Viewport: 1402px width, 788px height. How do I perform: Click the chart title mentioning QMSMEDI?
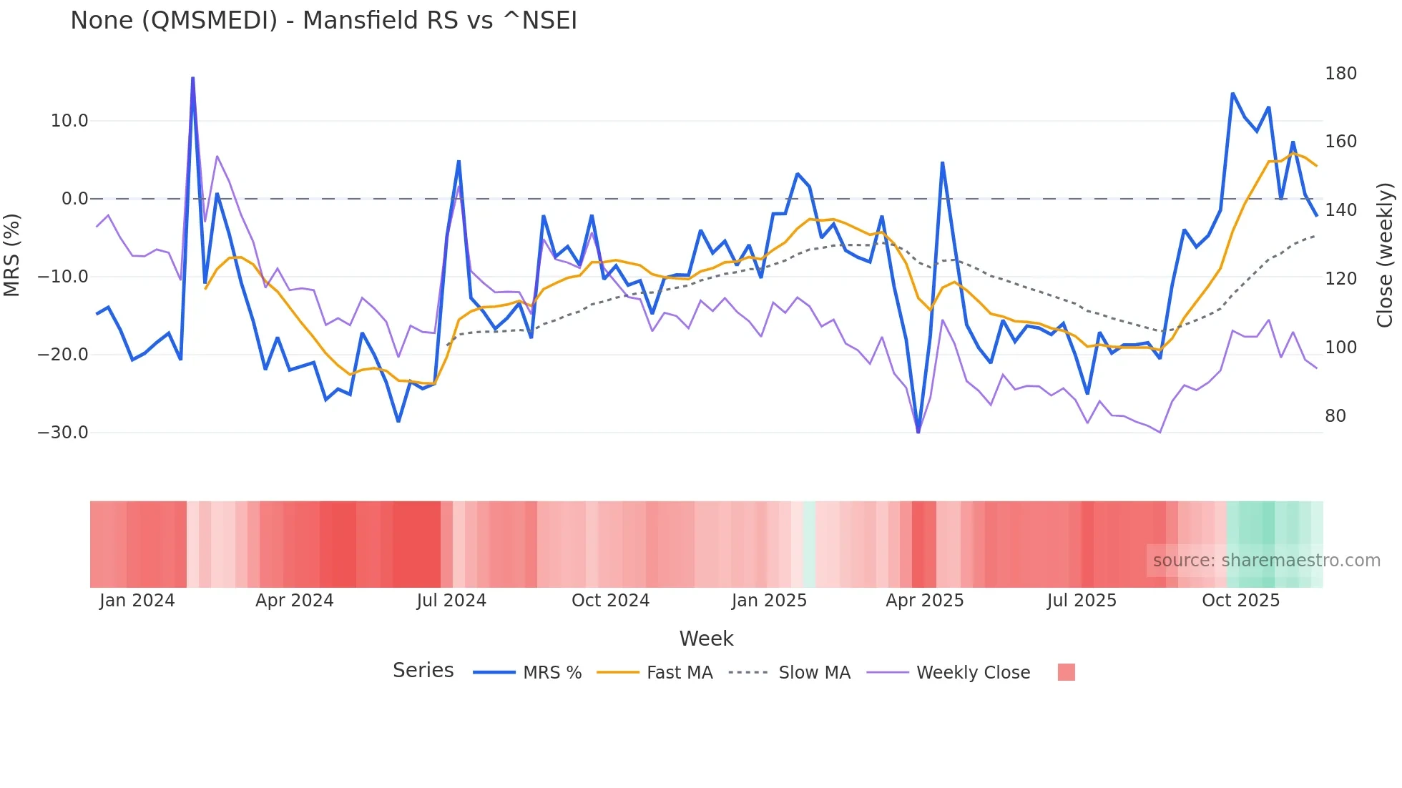[x=323, y=21]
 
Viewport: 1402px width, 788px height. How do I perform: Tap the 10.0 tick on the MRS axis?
[x=69, y=121]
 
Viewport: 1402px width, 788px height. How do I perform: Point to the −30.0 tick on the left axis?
[x=63, y=433]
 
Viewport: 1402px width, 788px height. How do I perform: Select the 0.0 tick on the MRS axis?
[x=74, y=199]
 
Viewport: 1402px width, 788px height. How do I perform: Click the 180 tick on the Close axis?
[x=1340, y=74]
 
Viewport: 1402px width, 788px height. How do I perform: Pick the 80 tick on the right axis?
[x=1335, y=416]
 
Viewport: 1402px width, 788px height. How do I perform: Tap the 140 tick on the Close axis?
[x=1340, y=210]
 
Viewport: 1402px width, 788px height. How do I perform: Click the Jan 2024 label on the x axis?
[x=137, y=601]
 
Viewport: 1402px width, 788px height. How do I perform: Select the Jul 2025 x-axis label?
[x=1081, y=601]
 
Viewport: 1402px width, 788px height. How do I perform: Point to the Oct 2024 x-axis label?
[x=610, y=601]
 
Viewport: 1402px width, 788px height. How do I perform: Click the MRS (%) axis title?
[x=12, y=255]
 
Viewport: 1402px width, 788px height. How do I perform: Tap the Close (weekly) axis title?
[x=1385, y=255]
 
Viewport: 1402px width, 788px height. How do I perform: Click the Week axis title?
[x=706, y=639]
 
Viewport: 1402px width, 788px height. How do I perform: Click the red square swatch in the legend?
[x=1066, y=672]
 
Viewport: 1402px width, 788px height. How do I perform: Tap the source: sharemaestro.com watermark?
[x=1266, y=561]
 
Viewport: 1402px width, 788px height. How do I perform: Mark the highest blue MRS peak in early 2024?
[x=192, y=78]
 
